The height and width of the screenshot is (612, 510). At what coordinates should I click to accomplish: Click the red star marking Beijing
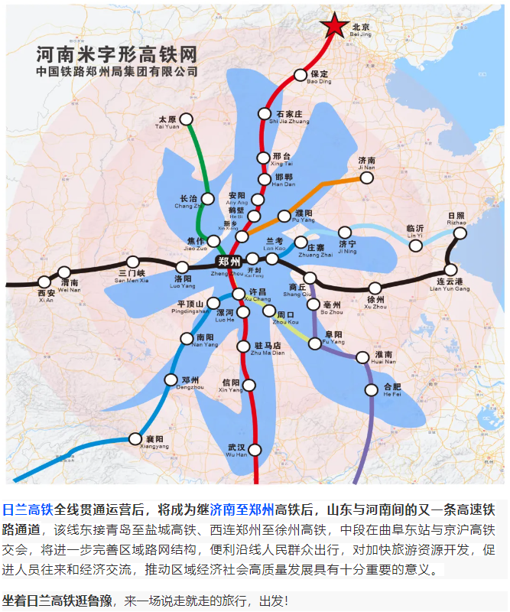pyautogui.click(x=334, y=28)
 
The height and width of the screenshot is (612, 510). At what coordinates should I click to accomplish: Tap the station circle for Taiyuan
pyautogui.click(x=185, y=119)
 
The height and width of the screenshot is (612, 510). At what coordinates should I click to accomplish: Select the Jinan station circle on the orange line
pyautogui.click(x=367, y=177)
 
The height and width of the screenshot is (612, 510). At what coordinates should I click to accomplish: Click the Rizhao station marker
pyautogui.click(x=460, y=233)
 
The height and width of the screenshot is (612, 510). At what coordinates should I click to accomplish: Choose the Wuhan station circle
pyautogui.click(x=254, y=450)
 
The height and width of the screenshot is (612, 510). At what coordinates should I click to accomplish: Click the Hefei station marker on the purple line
pyautogui.click(x=372, y=389)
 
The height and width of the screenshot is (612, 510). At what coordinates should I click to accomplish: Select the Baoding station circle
pyautogui.click(x=299, y=74)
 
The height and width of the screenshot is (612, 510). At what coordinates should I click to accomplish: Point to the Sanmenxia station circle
pyautogui.click(x=132, y=262)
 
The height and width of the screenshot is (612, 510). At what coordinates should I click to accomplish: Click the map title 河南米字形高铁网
pyautogui.click(x=116, y=54)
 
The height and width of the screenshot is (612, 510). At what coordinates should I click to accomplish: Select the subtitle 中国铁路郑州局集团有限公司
pyautogui.click(x=116, y=71)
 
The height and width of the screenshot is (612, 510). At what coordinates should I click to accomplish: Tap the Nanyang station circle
pyautogui.click(x=187, y=339)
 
